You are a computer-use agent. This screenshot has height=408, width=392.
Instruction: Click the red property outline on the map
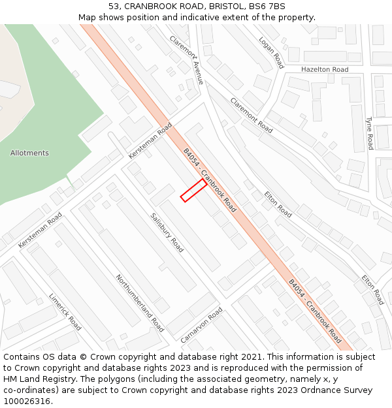point(193,190)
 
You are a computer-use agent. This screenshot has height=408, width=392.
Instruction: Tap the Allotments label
point(29,153)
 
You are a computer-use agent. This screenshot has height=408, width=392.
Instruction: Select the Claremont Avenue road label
point(187,59)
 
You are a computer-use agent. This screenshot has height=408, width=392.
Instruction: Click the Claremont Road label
point(251,115)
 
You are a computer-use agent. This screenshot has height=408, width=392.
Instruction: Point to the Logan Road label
point(271,52)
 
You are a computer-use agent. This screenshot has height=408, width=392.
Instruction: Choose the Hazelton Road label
point(325,69)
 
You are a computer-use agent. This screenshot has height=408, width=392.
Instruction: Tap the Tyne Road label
point(369,133)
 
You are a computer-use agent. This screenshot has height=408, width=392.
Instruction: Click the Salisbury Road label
point(167,232)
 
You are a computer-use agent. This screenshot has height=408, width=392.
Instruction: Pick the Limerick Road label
point(65,311)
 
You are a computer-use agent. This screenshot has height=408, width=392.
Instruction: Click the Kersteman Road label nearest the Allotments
point(150,140)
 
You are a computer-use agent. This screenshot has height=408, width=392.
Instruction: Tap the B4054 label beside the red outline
point(209,180)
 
